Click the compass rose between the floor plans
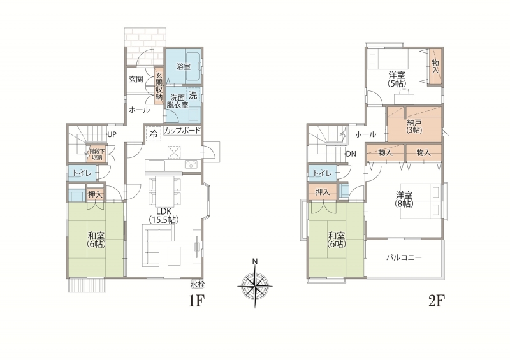tap(255, 286)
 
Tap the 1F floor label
tap(196, 301)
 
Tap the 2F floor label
tap(437, 301)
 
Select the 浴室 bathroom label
tap(184, 67)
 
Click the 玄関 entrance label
tap(136, 79)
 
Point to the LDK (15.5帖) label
tap(164, 215)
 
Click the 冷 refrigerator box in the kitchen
tap(153, 133)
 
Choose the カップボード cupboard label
tap(182, 131)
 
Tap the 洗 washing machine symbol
tap(193, 96)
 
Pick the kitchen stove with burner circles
tap(191, 164)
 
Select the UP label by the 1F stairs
tap(112, 134)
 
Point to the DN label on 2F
tap(351, 154)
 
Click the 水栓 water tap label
tap(198, 285)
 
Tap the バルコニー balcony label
tap(404, 257)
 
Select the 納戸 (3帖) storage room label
tap(414, 126)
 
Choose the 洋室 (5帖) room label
tap(397, 79)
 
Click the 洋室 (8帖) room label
tap(404, 199)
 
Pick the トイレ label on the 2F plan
tap(322, 174)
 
